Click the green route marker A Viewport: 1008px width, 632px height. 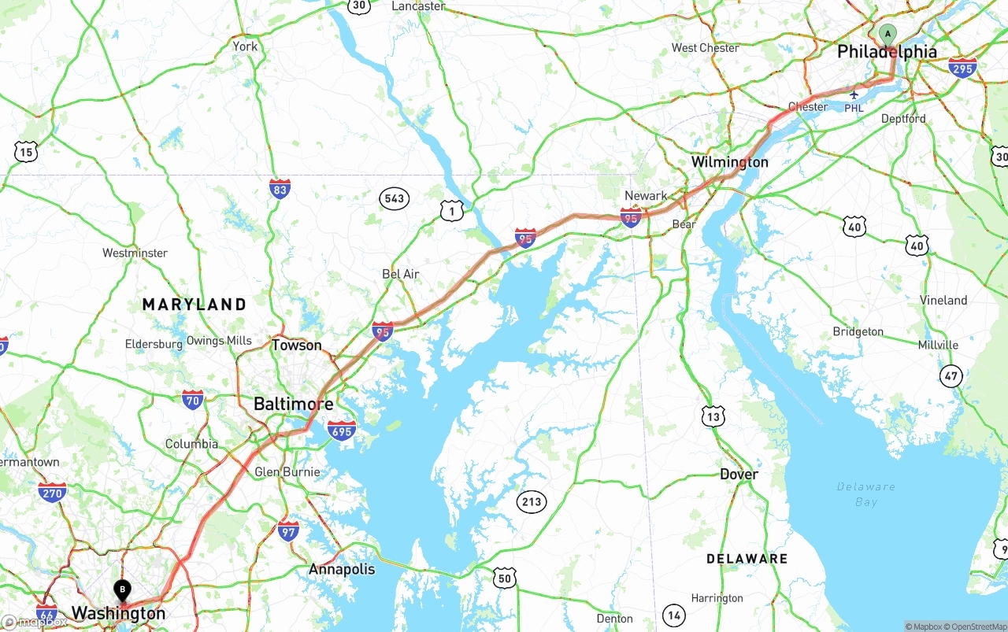click(888, 35)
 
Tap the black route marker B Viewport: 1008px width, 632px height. click(122, 588)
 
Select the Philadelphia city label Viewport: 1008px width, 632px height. click(887, 52)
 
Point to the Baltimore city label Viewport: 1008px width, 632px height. click(293, 404)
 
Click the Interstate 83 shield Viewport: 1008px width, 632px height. click(280, 189)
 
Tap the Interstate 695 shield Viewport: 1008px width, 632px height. click(342, 430)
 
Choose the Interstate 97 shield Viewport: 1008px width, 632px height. click(288, 530)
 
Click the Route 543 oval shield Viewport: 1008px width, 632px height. click(395, 198)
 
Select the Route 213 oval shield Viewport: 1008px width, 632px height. click(532, 501)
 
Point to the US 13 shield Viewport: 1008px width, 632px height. click(713, 416)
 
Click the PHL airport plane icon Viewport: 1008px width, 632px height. click(854, 94)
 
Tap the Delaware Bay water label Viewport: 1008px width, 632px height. click(865, 493)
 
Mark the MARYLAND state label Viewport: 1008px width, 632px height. click(194, 304)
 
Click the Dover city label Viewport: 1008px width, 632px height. click(739, 474)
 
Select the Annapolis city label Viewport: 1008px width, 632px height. click(342, 569)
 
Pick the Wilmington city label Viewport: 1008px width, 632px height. click(729, 162)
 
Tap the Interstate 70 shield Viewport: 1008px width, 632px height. click(193, 400)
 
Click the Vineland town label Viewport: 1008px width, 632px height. click(943, 300)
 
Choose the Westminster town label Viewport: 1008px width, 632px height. click(135, 253)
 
